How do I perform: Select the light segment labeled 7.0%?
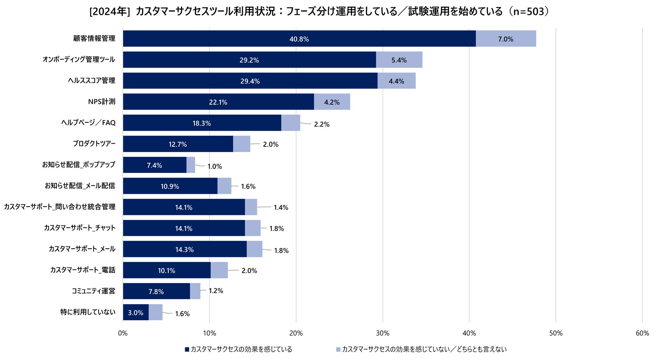(506, 39)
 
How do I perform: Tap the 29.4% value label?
(250, 81)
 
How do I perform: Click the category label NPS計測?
(102, 102)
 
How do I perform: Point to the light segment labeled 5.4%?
(399, 60)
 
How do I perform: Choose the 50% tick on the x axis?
(556, 333)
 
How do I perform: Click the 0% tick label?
(123, 333)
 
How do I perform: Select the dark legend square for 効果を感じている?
(187, 350)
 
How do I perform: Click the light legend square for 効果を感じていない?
(338, 350)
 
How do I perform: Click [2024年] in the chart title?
(110, 11)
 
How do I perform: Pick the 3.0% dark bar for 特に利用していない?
(136, 312)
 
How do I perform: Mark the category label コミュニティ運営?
(93, 291)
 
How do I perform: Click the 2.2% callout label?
(322, 124)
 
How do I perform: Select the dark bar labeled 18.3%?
(202, 123)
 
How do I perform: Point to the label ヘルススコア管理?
(92, 81)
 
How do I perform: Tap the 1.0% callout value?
(214, 166)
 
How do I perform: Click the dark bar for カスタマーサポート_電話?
(167, 270)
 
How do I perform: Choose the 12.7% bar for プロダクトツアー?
(178, 144)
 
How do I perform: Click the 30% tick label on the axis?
(382, 333)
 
